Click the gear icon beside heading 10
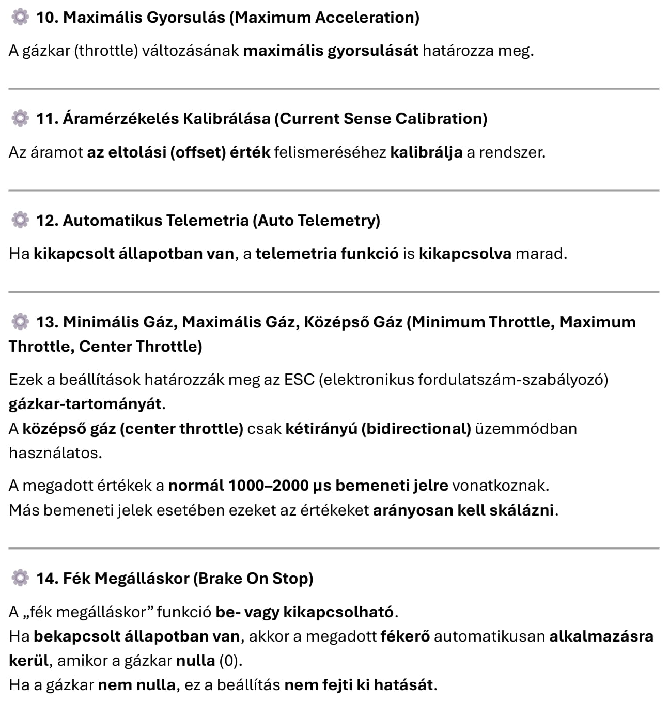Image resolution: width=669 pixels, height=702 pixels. point(20,18)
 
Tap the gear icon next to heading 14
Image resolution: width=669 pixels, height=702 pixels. point(20,578)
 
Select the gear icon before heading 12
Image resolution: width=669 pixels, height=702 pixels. point(20,221)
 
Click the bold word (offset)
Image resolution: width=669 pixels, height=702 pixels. point(198,152)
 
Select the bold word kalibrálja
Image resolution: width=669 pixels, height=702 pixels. point(426,152)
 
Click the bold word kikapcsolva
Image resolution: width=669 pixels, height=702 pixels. point(465,254)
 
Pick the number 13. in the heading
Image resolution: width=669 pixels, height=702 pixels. point(48,322)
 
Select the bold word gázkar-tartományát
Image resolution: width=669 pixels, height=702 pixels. point(85,404)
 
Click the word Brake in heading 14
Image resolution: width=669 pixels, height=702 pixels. point(220,578)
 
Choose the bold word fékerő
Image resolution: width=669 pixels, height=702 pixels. point(405,636)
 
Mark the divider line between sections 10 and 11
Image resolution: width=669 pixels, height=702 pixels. point(334,89)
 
